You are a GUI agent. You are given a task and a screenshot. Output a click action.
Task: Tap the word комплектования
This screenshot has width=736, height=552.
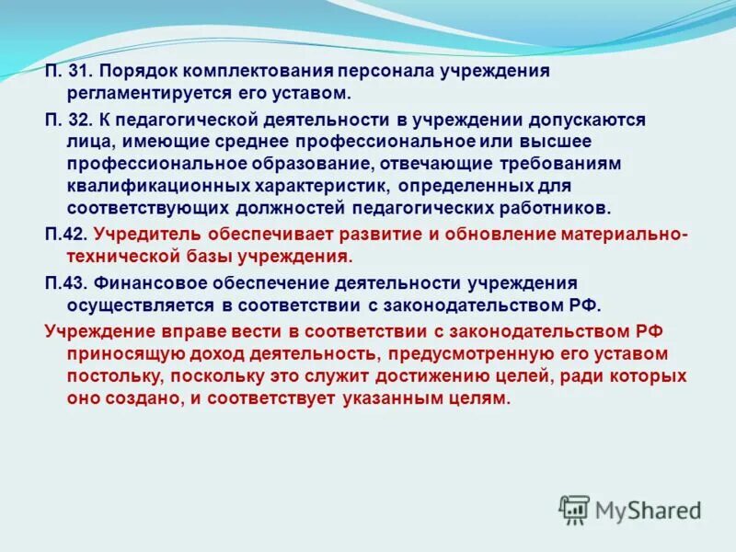[259, 71]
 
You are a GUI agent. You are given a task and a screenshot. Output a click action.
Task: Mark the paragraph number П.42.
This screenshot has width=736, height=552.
[65, 234]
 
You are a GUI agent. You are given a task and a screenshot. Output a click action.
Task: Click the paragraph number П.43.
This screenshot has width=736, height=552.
[65, 282]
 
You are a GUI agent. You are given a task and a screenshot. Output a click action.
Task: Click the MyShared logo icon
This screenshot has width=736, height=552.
[574, 509]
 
